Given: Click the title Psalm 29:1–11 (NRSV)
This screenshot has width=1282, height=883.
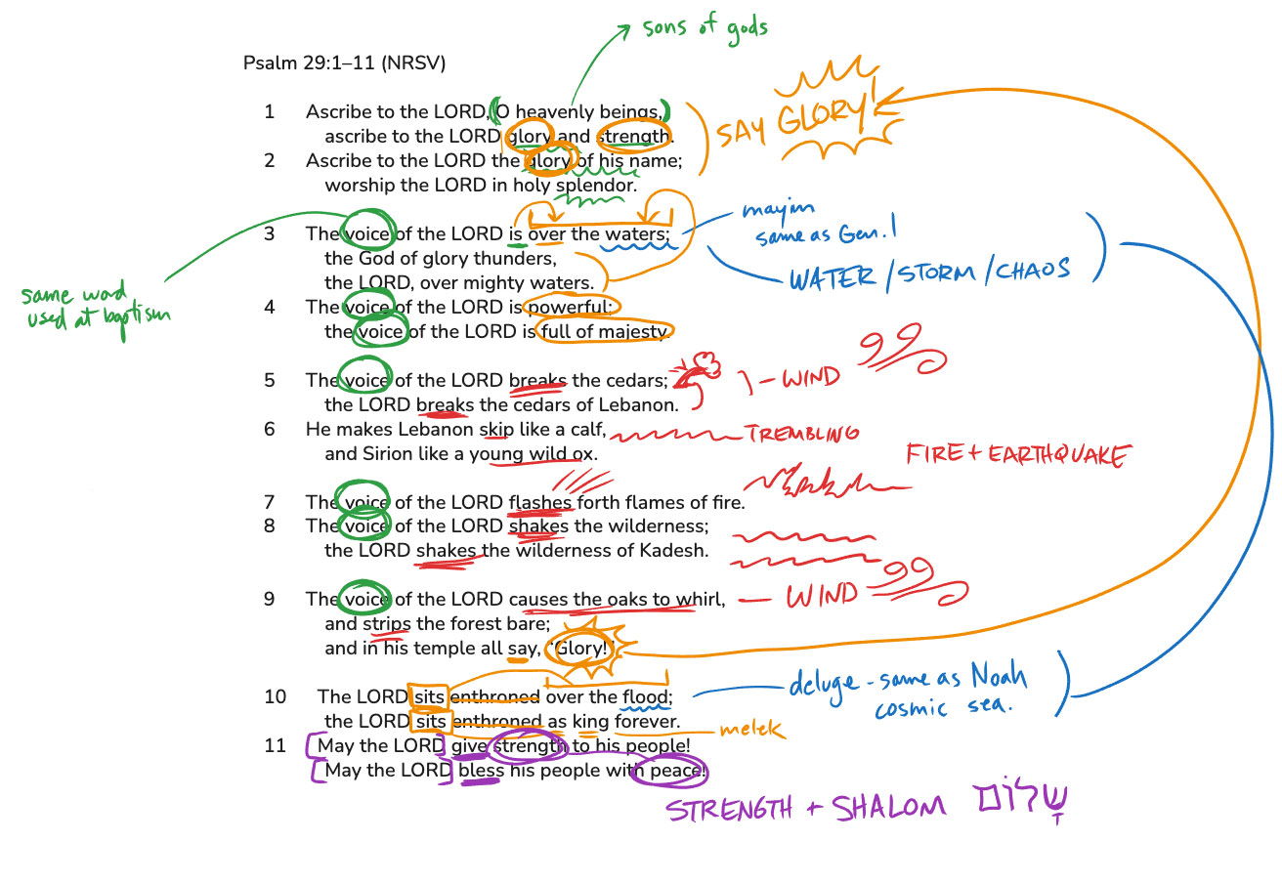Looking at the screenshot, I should tap(344, 63).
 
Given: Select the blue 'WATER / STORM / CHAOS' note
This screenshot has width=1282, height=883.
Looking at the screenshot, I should tap(929, 272).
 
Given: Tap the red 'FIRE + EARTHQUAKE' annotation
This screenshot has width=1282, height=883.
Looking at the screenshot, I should tap(1018, 454).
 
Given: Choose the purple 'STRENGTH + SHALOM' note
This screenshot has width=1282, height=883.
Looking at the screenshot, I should tap(806, 808).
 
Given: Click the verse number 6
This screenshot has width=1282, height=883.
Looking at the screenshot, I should tap(269, 430).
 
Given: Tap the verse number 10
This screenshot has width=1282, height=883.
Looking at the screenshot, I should tap(275, 697).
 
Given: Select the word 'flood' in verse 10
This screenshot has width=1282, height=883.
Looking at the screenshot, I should tap(645, 697).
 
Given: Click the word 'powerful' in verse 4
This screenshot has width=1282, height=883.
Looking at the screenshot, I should tap(571, 308).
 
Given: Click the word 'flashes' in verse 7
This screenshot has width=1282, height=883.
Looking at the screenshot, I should tap(540, 503).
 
